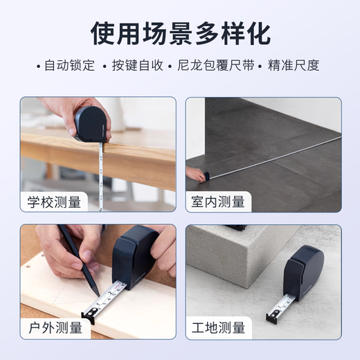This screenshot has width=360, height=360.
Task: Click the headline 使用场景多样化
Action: click(x=180, y=33)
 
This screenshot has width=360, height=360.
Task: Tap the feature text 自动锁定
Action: click(x=67, y=66)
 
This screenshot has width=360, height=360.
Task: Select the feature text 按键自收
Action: click(x=136, y=66)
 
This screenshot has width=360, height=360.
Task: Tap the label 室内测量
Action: click(x=219, y=201)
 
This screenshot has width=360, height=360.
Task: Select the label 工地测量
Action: click(x=219, y=327)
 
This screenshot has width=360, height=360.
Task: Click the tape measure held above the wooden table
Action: click(x=92, y=123)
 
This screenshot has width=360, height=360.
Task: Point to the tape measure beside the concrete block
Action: click(x=305, y=271)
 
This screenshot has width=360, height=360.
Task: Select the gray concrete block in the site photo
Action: click(x=235, y=260)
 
